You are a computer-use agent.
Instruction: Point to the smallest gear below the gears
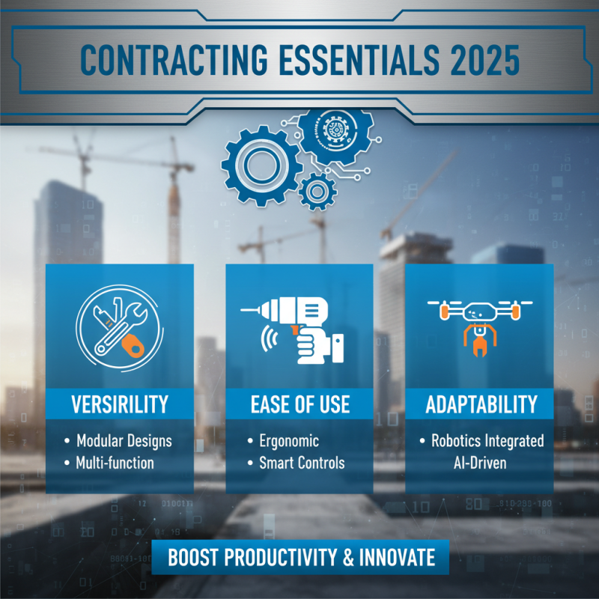(x=317, y=191)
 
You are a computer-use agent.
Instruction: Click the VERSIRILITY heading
(x=120, y=405)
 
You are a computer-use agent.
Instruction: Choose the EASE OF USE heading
(x=299, y=405)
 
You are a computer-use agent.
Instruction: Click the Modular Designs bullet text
(x=124, y=440)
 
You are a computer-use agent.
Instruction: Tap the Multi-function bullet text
(x=115, y=463)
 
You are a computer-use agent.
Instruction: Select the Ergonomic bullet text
(x=288, y=440)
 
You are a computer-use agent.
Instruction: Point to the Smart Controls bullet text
(x=301, y=463)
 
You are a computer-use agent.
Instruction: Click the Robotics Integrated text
(x=487, y=440)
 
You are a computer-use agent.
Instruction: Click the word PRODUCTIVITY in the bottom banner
(x=274, y=558)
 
